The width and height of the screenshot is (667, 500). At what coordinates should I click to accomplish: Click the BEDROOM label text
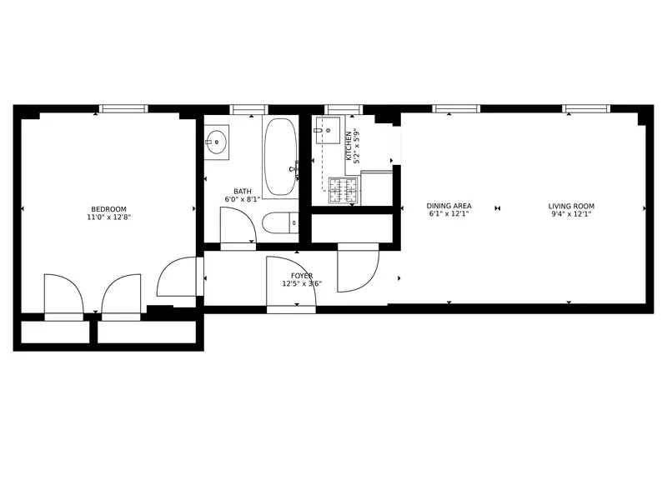(108, 208)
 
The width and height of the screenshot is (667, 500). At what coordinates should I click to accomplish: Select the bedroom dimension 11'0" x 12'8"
(108, 217)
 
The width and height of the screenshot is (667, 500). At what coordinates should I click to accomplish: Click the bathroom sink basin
(217, 142)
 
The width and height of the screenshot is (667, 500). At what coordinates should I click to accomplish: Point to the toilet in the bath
(277, 223)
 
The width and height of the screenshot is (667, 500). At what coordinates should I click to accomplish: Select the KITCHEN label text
(349, 146)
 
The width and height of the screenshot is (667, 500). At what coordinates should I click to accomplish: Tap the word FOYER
(302, 275)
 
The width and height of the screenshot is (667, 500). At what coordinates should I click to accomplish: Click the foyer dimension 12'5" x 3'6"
(302, 283)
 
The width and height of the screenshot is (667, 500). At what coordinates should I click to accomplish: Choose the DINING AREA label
(449, 206)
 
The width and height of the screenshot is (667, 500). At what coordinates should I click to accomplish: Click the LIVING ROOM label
(571, 206)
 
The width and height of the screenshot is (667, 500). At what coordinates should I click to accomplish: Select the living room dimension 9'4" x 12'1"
(571, 214)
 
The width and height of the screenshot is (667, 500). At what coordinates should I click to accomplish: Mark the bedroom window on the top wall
(123, 108)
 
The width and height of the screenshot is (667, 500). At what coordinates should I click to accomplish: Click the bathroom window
(248, 108)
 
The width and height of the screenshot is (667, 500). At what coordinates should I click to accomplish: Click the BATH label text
(243, 191)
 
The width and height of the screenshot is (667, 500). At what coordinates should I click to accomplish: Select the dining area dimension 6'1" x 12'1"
(449, 214)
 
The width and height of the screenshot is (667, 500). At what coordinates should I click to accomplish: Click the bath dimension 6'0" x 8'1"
(243, 199)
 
